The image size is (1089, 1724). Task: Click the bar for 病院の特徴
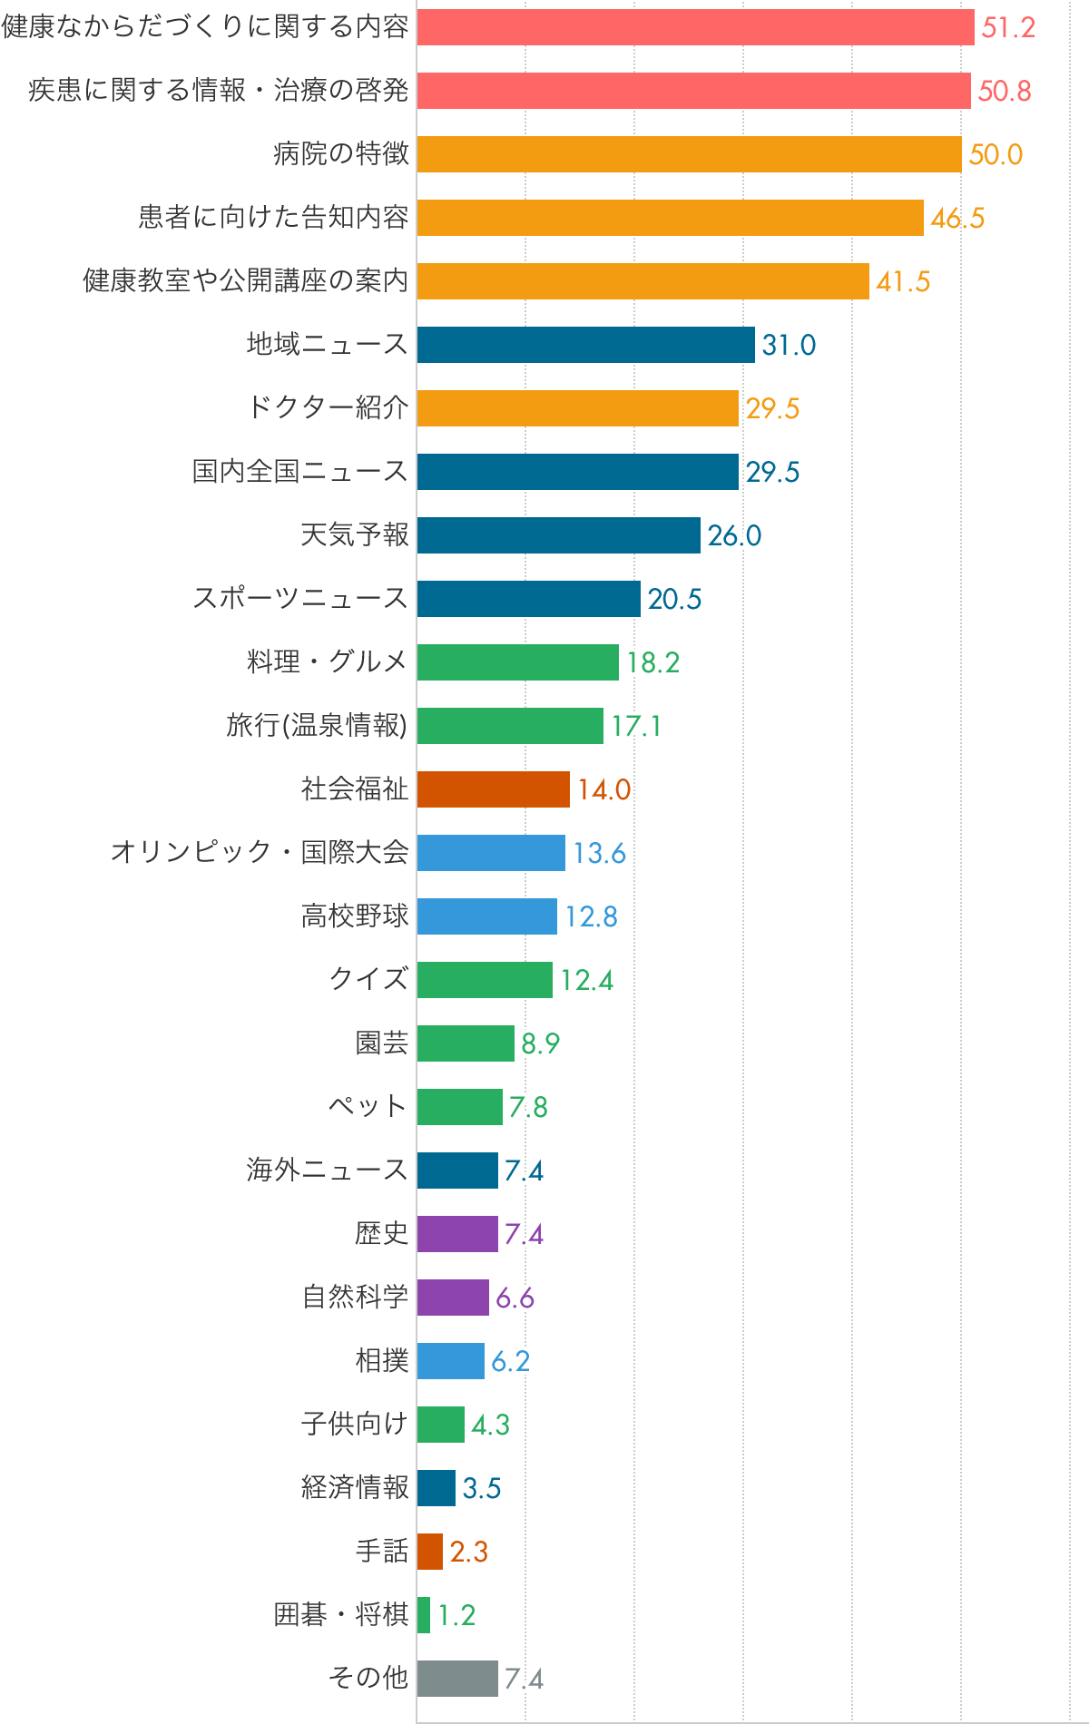tap(690, 154)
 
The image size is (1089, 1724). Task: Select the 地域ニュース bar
tap(586, 345)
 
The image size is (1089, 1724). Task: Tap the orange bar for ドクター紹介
tap(578, 408)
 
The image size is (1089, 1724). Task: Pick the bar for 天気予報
tap(559, 535)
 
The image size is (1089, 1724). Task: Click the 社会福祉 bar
tap(494, 789)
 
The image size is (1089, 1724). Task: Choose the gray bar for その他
tap(457, 1679)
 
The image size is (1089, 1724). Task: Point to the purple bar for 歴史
tap(457, 1234)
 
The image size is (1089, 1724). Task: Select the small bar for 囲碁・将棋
tap(424, 1615)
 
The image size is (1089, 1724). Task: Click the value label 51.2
tap(1008, 27)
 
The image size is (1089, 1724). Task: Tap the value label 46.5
tap(957, 218)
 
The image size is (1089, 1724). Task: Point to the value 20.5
tap(674, 599)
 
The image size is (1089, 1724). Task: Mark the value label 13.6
tap(599, 853)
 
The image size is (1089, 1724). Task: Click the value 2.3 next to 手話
tap(469, 1552)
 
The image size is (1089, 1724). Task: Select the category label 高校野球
tap(355, 916)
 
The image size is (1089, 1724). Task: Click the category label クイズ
tap(368, 980)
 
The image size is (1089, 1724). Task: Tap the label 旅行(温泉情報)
tap(317, 726)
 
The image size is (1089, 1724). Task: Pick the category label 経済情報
tap(355, 1488)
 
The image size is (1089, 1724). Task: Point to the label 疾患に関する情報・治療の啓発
tap(219, 91)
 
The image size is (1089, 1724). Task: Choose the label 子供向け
tap(355, 1425)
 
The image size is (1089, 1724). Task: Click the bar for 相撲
tap(451, 1361)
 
